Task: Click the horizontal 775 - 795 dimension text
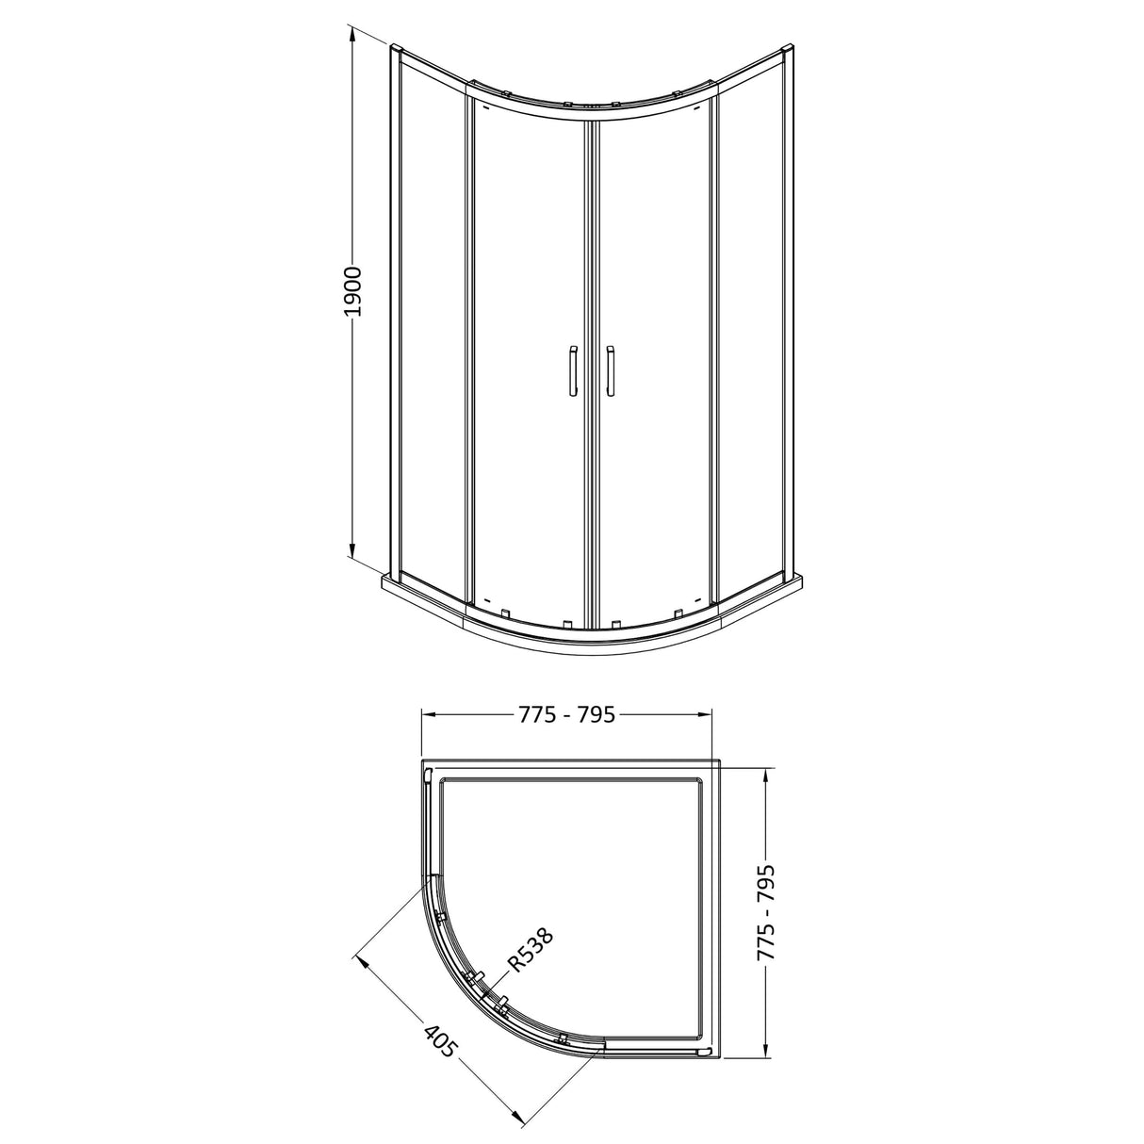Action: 566,714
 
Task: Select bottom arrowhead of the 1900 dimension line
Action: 352,555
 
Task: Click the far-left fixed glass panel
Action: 432,320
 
